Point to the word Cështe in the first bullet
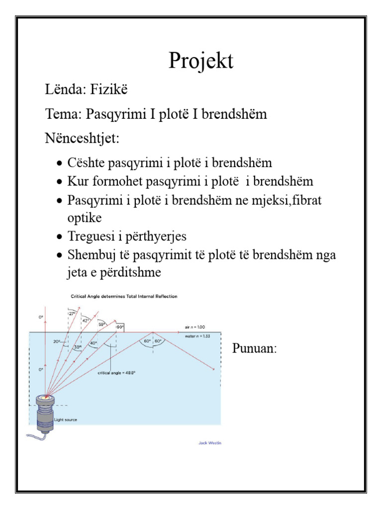click(86, 163)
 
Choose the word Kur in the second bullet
click(76, 181)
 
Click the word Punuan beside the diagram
click(254, 348)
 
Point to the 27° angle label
click(73, 314)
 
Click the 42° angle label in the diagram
click(86, 321)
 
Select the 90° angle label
click(120, 328)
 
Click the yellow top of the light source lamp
click(47, 398)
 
